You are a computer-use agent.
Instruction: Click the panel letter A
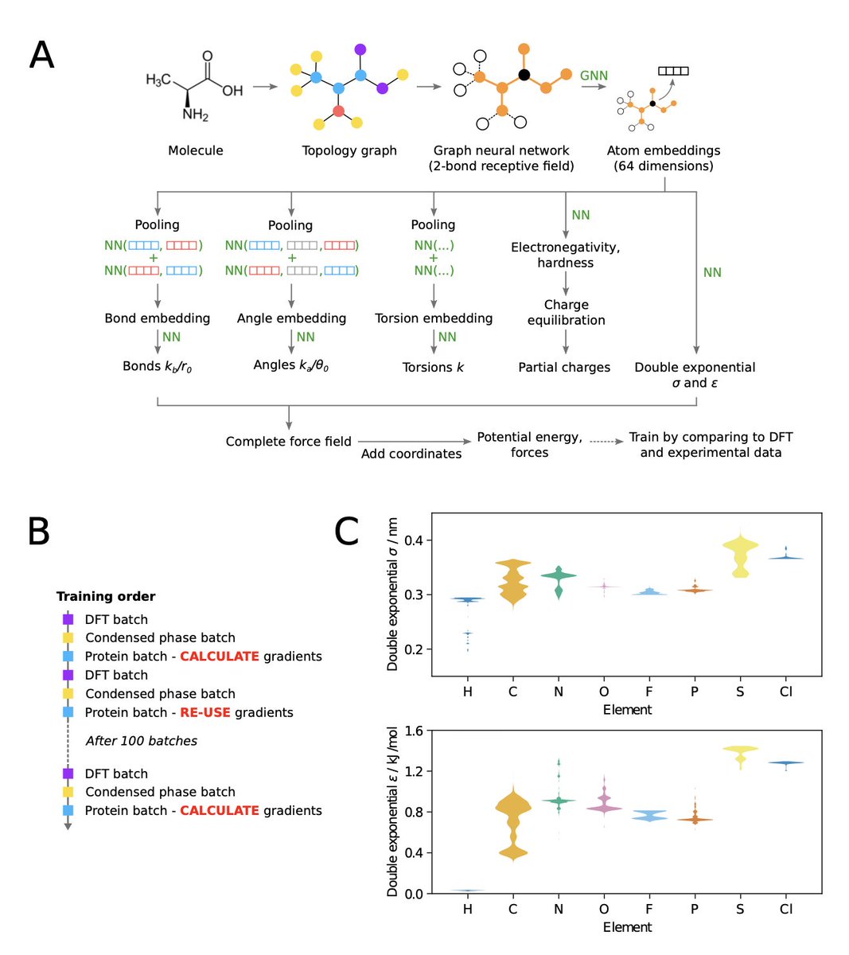[41, 56]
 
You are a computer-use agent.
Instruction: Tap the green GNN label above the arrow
[594, 76]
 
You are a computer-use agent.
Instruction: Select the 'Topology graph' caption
[349, 150]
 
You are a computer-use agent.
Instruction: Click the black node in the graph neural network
[524, 75]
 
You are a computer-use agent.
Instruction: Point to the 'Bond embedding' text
[158, 318]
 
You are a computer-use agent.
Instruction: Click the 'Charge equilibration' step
[566, 312]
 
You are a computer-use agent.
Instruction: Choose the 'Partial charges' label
[564, 368]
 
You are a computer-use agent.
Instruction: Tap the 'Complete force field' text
[288, 442]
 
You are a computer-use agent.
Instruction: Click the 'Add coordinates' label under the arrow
[411, 454]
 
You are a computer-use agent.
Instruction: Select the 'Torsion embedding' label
[434, 318]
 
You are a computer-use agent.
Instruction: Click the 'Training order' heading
[106, 596]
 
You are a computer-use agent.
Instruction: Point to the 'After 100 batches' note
[142, 741]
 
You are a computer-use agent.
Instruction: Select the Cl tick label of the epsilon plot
[786, 909]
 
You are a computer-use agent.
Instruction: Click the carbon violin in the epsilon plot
[513, 820]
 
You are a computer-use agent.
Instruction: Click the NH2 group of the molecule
[195, 115]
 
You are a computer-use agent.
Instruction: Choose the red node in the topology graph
[338, 111]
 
